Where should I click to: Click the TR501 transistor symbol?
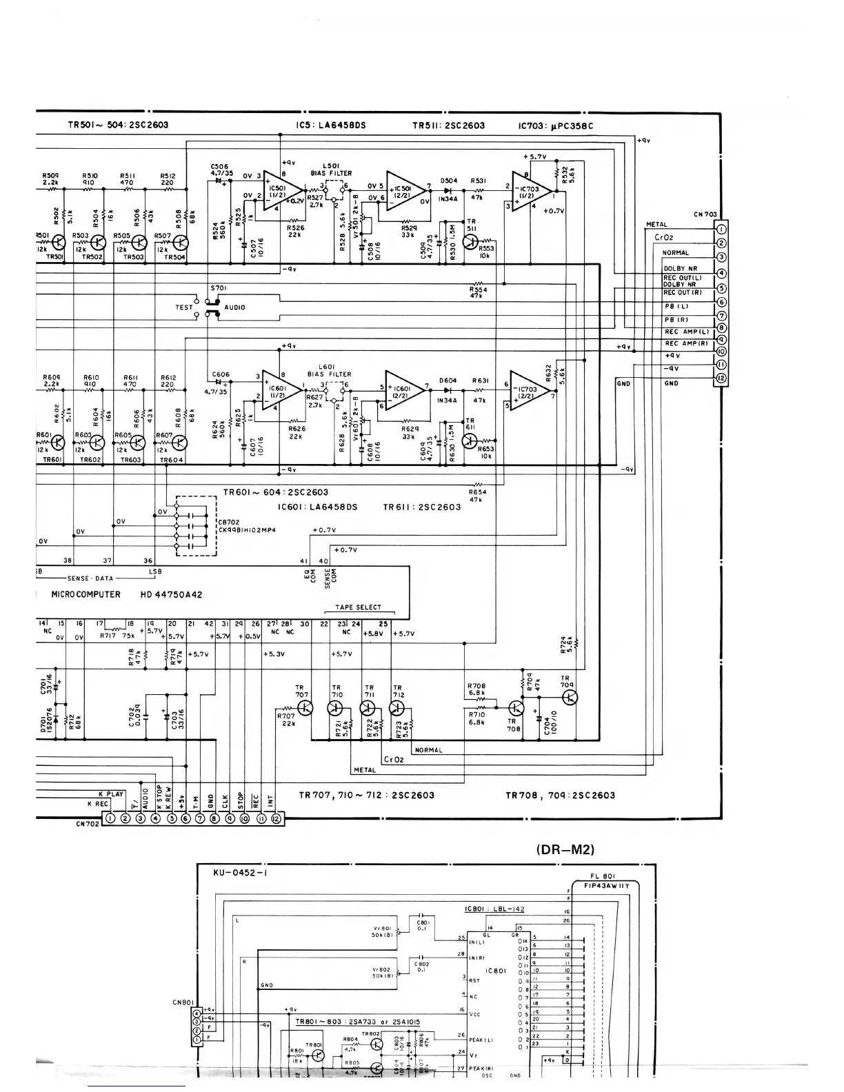59,242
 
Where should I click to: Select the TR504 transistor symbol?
181,242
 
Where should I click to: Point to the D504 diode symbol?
448,191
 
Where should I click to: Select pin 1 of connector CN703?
721,230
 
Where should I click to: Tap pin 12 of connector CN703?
721,378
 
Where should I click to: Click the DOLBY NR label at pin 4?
679,269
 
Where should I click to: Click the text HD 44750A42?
172,594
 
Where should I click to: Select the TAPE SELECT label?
358,607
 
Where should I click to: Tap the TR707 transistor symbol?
307,708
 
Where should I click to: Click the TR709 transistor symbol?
570,698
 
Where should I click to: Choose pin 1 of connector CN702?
111,818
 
